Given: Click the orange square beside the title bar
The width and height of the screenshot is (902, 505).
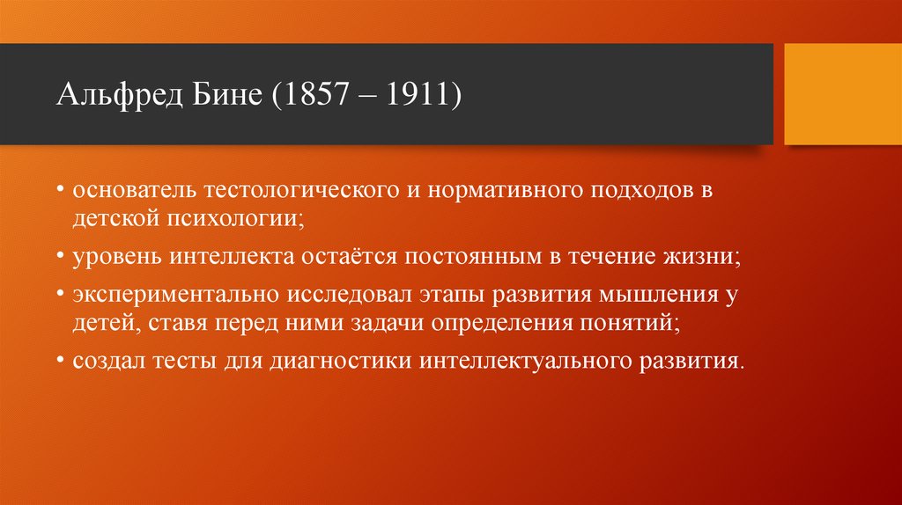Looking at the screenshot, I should point(842,94).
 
